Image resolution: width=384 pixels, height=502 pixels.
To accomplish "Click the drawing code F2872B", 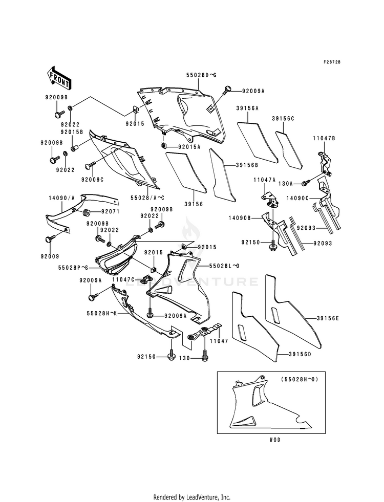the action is (332, 62).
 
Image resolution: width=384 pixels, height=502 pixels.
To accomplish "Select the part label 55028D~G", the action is (201, 75).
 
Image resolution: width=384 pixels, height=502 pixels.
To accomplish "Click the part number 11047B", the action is (324, 138).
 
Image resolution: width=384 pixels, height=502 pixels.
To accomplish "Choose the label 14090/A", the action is (61, 198).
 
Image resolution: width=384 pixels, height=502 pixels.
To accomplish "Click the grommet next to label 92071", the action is (86, 212).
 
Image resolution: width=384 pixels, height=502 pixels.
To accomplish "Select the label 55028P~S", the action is (73, 267).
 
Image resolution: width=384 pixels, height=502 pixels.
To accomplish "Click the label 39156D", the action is (300, 354).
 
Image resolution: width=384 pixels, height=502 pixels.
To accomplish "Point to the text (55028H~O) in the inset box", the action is (300, 379).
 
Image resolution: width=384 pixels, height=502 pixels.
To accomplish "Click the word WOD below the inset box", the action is (275, 440).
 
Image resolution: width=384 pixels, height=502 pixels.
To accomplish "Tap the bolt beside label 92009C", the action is (90, 165).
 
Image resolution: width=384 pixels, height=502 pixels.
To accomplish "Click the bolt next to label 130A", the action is (305, 183).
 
